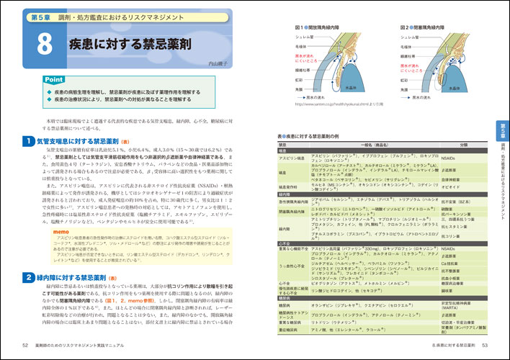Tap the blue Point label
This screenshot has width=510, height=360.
pos(53,79)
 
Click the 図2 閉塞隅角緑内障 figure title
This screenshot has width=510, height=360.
pos(421,24)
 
